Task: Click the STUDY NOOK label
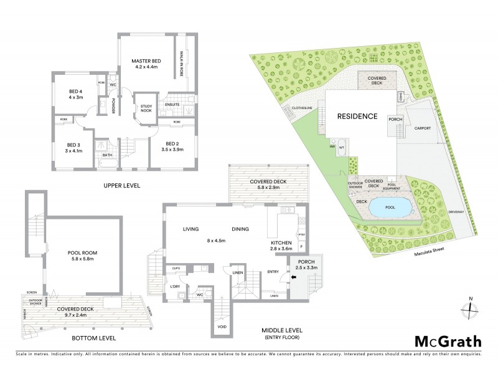coord(147,111)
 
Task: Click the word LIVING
coord(190,229)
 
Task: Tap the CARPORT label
coord(423,127)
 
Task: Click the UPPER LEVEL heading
coord(123,186)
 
